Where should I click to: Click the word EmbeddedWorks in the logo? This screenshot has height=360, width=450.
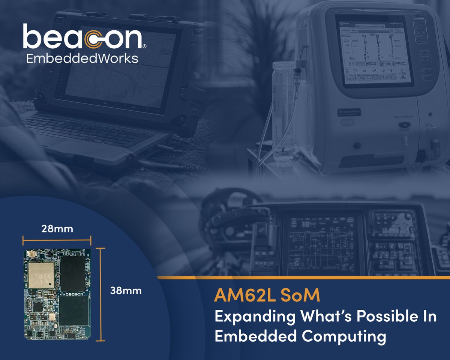coord(82,59)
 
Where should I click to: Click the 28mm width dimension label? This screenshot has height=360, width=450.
coord(57,229)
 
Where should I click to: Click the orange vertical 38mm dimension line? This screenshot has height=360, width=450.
coord(100,294)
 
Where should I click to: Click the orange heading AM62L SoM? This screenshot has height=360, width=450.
coord(267,296)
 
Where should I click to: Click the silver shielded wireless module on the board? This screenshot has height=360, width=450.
coord(41,275)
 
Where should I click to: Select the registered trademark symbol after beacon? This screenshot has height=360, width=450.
coord(144,46)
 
